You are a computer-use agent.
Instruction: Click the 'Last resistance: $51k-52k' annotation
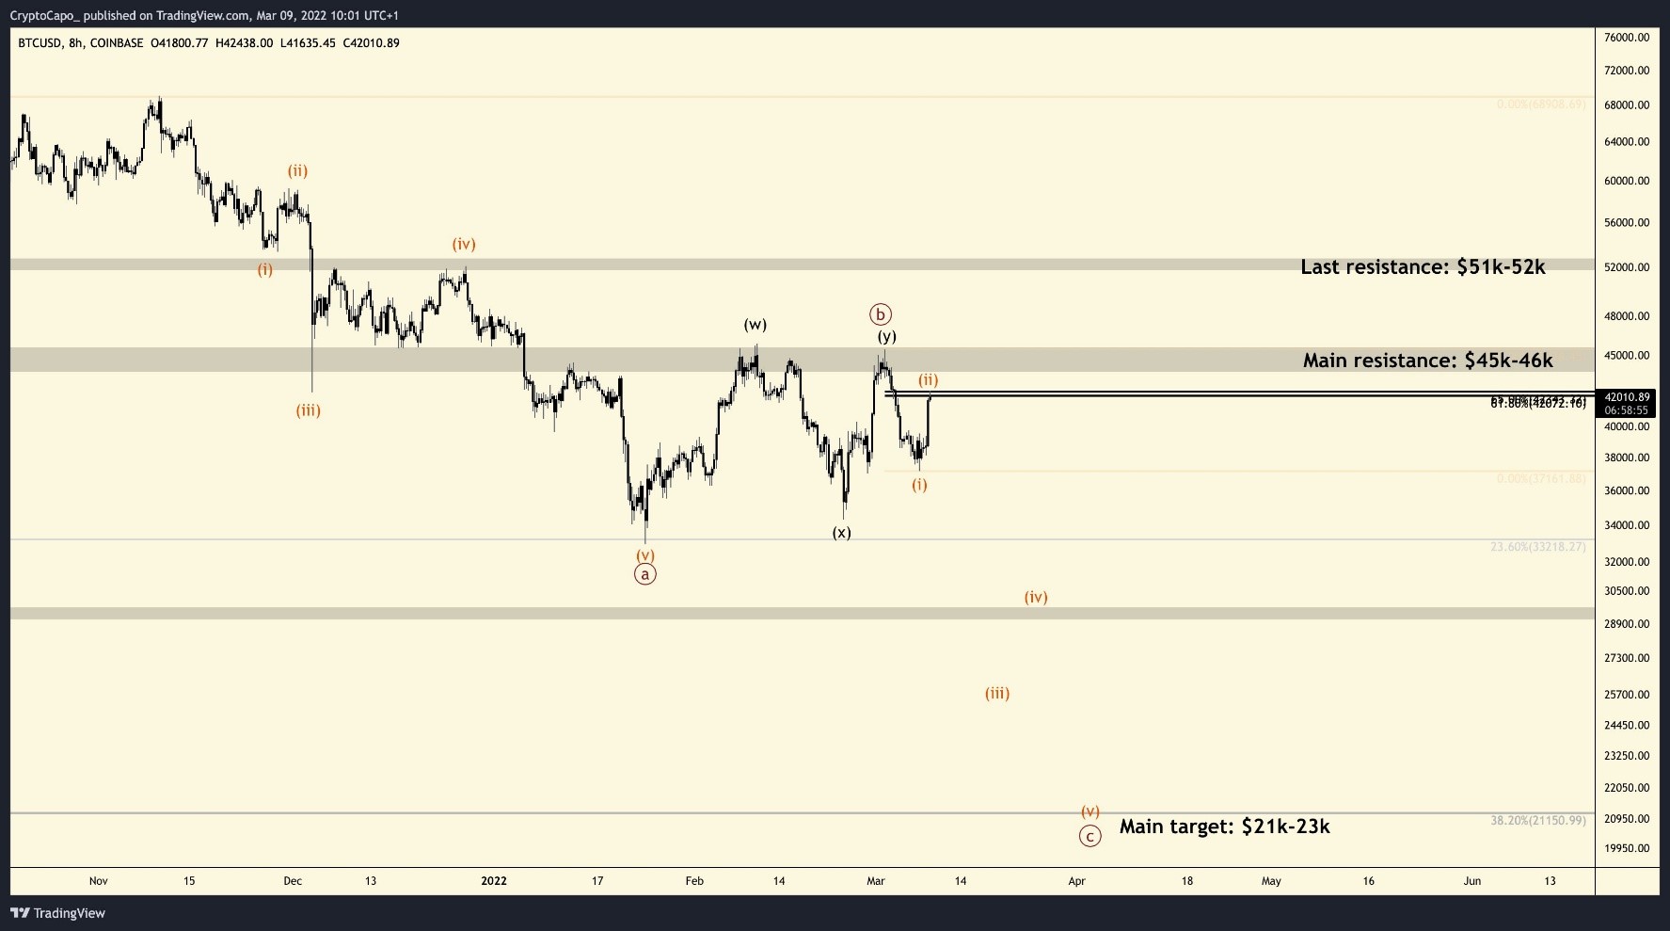[x=1423, y=267]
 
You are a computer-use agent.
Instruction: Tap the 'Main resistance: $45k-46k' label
[x=1427, y=361]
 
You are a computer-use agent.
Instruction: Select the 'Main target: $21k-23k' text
[x=1224, y=827]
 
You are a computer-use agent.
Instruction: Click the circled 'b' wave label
[x=881, y=314]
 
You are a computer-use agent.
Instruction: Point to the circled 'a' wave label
[x=644, y=574]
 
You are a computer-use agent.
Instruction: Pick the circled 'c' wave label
[x=1089, y=836]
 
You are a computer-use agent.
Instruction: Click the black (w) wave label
[x=755, y=325]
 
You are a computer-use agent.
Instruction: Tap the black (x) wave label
[x=841, y=533]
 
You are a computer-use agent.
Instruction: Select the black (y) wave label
[x=886, y=336]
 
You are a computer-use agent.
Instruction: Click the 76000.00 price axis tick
[x=1627, y=38]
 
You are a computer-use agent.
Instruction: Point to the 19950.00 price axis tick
[x=1627, y=848]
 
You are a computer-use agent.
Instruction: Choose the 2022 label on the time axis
[x=493, y=881]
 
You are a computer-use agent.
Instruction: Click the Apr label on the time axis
[x=1076, y=881]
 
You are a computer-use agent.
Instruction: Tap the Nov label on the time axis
[x=99, y=881]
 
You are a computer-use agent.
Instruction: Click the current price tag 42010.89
[x=1627, y=397]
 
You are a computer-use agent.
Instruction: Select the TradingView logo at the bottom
[x=58, y=913]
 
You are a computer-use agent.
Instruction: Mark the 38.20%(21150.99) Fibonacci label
[x=1537, y=821]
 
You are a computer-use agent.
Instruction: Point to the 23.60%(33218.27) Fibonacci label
[x=1537, y=547]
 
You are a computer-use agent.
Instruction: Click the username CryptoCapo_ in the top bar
[x=44, y=16]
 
